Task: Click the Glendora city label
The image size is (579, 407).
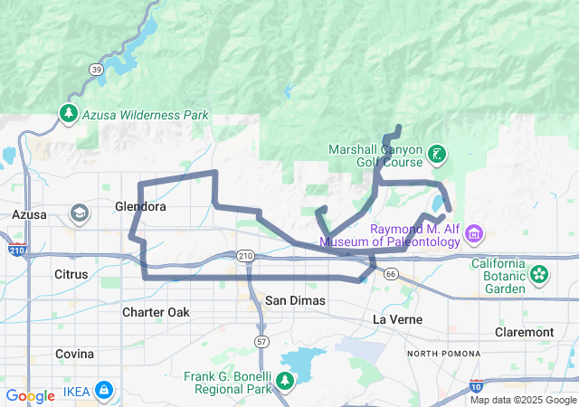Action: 140,206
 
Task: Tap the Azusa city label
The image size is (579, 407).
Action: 29,214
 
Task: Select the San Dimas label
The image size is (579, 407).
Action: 295,299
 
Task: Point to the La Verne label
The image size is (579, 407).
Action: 399,319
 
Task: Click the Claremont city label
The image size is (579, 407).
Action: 524,332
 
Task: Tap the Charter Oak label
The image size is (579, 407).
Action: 156,312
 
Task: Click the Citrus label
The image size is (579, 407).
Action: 71,273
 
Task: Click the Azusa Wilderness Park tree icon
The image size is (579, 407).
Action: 69,114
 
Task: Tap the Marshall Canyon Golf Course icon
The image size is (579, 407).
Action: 437,154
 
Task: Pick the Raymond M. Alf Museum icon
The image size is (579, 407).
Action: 472,235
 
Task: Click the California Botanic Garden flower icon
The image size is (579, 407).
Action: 539,273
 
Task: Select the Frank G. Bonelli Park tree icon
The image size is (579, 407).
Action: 286,380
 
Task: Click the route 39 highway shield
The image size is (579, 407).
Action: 96,69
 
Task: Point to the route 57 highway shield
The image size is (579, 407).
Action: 261,341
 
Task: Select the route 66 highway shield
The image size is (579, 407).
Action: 390,273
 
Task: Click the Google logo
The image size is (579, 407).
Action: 30,396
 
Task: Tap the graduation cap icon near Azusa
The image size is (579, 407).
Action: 79,213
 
